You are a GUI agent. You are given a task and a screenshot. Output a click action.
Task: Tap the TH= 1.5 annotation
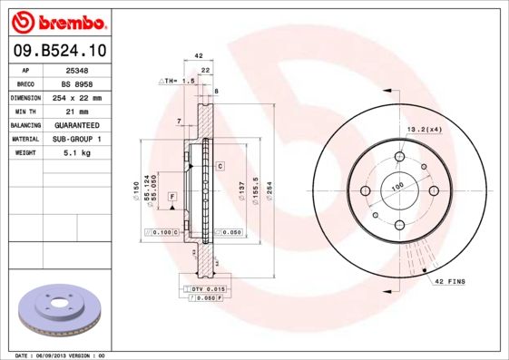179,82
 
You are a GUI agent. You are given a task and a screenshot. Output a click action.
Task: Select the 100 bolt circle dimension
396,186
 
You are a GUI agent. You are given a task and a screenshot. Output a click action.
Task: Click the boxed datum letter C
220,167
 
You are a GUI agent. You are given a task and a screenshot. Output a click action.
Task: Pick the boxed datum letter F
171,195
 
